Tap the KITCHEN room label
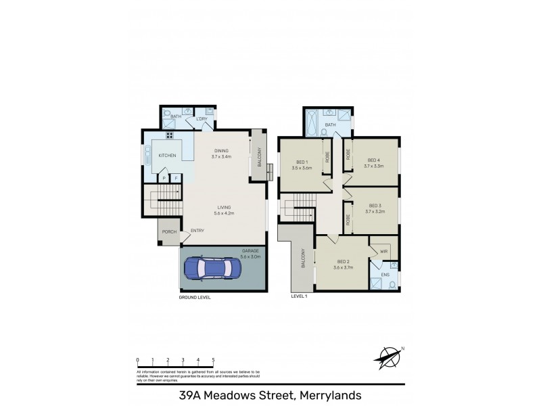point(167,156)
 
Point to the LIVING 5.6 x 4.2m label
point(225,210)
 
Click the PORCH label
point(168,232)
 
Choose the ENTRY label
point(197,231)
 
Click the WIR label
point(383,251)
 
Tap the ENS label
point(385,275)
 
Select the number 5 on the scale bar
point(214,360)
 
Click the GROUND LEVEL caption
point(194,298)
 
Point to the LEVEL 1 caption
point(299,296)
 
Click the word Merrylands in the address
point(327,395)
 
